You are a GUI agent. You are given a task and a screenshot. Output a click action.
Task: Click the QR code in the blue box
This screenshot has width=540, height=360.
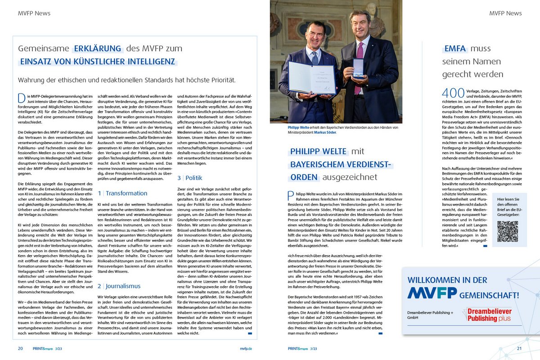click(508, 231)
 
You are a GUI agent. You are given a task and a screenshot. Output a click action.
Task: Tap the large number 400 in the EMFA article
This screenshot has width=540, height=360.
click(453, 93)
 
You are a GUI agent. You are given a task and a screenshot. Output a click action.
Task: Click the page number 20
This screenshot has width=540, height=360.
click(20, 348)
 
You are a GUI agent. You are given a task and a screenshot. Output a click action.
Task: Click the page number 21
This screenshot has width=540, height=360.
click(519, 348)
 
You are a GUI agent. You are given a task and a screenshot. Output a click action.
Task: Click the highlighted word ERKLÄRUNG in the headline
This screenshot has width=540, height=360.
click(98, 49)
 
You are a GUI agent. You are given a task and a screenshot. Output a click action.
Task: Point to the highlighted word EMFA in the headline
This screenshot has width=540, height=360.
click(454, 49)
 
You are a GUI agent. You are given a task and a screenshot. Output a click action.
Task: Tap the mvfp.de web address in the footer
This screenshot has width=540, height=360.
click(246, 348)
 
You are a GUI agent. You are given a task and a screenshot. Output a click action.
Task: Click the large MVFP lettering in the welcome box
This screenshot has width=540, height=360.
click(432, 293)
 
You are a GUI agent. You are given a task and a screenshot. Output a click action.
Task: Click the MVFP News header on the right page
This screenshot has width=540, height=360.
click(505, 13)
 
